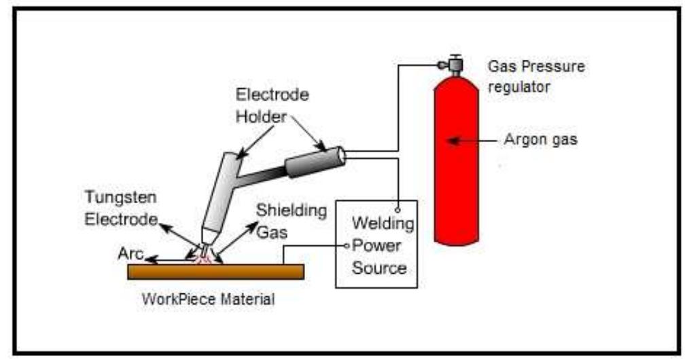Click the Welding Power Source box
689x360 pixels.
[x=376, y=245]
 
